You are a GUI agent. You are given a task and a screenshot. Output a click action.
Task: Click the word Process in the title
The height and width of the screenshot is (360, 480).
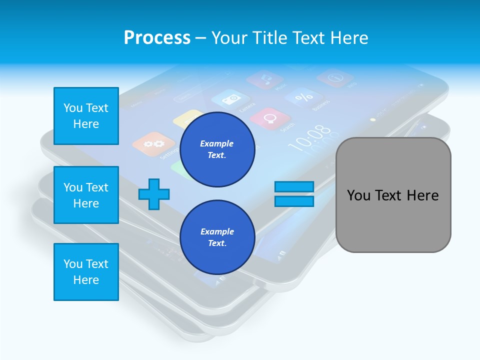157,38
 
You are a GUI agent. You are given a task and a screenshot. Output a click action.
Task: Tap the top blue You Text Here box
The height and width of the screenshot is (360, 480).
86,116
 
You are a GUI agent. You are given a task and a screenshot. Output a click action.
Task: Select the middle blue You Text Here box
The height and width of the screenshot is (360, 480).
86,195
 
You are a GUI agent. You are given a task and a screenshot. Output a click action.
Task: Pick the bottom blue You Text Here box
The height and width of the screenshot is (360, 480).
86,271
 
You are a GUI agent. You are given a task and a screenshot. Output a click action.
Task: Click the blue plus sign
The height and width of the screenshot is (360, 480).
154,194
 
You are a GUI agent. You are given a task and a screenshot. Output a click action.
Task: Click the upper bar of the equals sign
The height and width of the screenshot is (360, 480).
294,187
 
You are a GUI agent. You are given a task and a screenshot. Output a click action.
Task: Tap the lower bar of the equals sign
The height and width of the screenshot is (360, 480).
294,201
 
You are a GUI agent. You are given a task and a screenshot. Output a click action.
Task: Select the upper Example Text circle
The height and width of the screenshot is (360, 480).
217,149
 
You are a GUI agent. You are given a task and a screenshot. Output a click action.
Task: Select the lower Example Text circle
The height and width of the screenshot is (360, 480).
217,237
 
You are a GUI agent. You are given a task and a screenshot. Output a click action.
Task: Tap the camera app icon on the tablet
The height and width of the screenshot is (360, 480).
230,99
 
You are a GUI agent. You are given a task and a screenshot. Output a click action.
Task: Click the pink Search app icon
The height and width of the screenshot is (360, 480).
270,118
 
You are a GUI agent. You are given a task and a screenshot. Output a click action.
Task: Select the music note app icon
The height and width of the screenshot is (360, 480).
265,78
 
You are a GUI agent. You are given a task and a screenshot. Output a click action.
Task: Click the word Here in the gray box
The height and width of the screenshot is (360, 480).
422,195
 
